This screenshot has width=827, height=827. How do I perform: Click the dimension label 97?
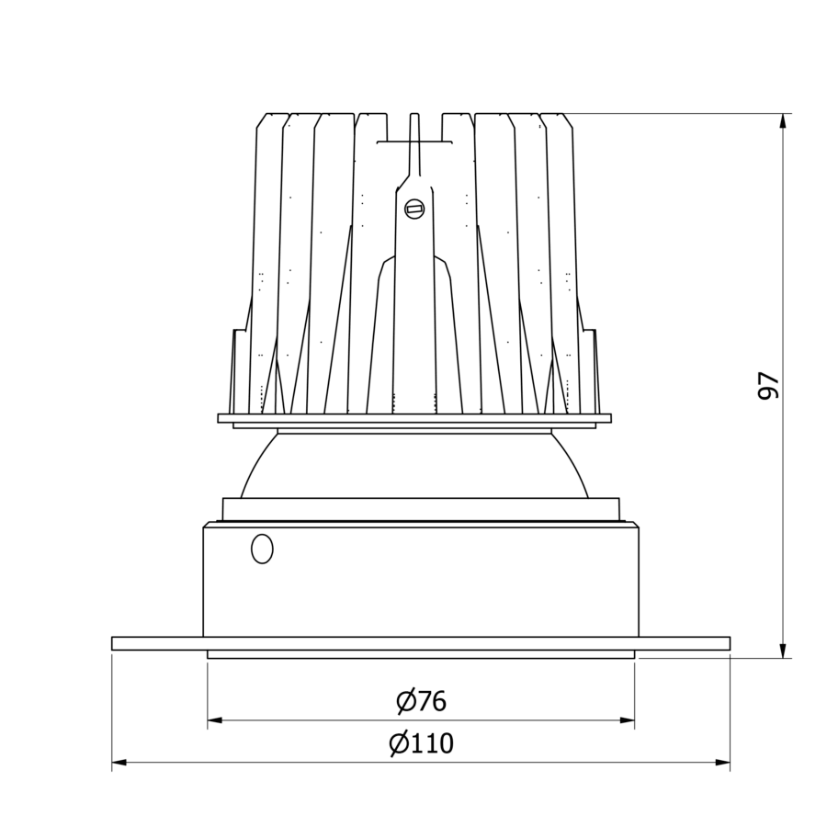768,385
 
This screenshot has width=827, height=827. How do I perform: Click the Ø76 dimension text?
421,702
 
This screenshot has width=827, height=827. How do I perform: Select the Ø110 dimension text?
421,743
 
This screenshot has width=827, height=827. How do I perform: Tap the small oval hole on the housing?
262,549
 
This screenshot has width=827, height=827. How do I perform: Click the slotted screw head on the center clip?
414,210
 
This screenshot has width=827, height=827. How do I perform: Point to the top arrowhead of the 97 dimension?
783,120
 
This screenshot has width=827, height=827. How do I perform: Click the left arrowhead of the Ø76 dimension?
214,720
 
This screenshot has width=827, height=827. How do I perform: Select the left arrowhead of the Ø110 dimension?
119,762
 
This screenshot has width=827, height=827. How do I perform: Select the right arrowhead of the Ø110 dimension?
723,762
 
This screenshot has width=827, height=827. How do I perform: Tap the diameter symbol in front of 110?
398,743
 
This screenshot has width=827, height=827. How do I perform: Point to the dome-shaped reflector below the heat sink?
414,465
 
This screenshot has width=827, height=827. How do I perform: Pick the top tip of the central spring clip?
414,116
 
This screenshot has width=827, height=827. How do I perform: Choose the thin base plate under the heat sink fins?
414,418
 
